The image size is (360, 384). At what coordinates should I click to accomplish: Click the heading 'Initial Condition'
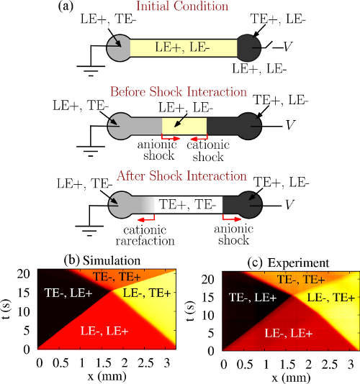(182, 6)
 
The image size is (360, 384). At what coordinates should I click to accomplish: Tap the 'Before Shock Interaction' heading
(179, 92)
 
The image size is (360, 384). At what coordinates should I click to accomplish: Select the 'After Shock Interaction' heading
(181, 176)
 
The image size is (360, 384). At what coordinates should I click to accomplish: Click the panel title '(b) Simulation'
(102, 260)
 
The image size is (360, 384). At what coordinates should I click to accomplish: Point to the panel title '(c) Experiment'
(289, 263)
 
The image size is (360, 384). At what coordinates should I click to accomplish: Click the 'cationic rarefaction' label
(145, 235)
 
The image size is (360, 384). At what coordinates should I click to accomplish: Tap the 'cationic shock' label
(208, 151)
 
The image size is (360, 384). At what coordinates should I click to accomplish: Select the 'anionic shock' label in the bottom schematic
(234, 234)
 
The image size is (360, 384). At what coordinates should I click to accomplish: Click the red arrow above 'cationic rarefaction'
(146, 219)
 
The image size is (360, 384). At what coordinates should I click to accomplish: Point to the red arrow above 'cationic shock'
(199, 138)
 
